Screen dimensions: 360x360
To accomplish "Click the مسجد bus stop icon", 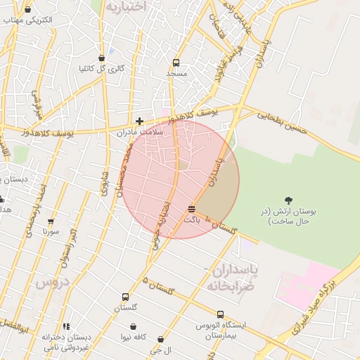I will pyautogui.click(x=176, y=62).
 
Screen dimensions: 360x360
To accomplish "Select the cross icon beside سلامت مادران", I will pyautogui.click(x=139, y=121).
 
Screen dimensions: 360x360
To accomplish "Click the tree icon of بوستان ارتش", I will pyautogui.click(x=288, y=200).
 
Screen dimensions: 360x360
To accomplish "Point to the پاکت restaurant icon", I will pyautogui.click(x=192, y=209).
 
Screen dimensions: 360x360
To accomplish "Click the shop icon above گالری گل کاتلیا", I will pyautogui.click(x=101, y=58).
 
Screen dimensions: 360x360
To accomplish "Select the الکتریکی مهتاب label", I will pyautogui.click(x=27, y=20).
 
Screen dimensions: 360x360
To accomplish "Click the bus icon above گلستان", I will pyautogui.click(x=125, y=297).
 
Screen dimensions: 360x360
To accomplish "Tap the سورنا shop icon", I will pyautogui.click(x=51, y=221).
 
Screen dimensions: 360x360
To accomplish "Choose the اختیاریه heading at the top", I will pyautogui.click(x=126, y=6).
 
